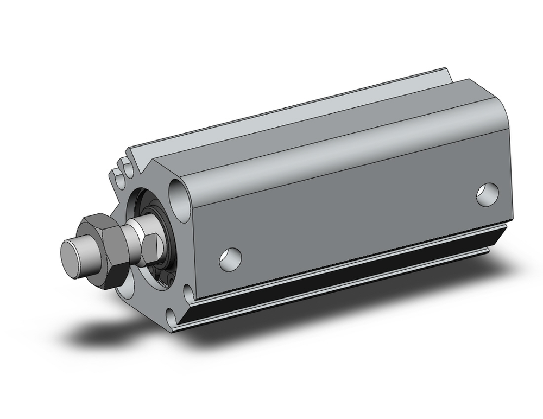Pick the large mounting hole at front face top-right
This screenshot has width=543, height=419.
(x=179, y=192)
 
